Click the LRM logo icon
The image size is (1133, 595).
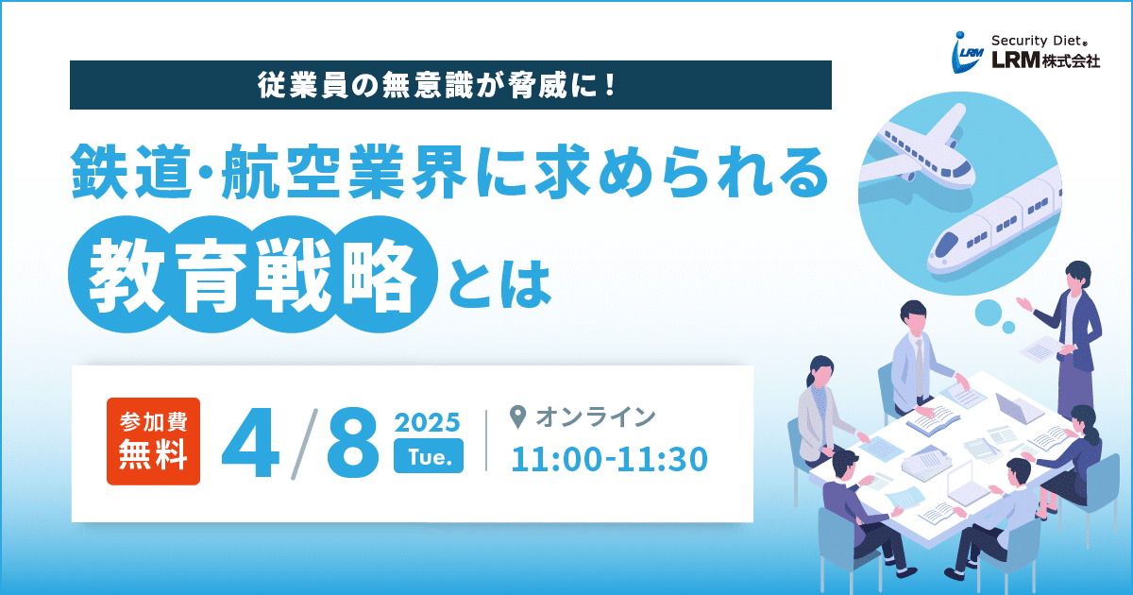click(968, 53)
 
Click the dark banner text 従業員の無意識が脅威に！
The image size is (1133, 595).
click(437, 85)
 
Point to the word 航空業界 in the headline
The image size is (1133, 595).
click(344, 172)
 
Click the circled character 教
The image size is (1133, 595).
click(127, 275)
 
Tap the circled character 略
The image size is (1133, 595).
click(380, 275)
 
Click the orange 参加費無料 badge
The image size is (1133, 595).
click(153, 441)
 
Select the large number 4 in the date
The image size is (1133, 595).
click(251, 443)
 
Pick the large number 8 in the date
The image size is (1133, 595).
click(353, 443)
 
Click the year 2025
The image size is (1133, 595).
click(428, 422)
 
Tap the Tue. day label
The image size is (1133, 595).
click(429, 456)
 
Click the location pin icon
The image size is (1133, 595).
click(517, 416)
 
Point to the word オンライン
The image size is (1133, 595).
click(596, 416)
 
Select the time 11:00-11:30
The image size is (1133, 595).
click(610, 459)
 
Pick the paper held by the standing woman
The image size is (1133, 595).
click(1040, 349)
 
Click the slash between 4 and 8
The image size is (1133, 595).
click(304, 443)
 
